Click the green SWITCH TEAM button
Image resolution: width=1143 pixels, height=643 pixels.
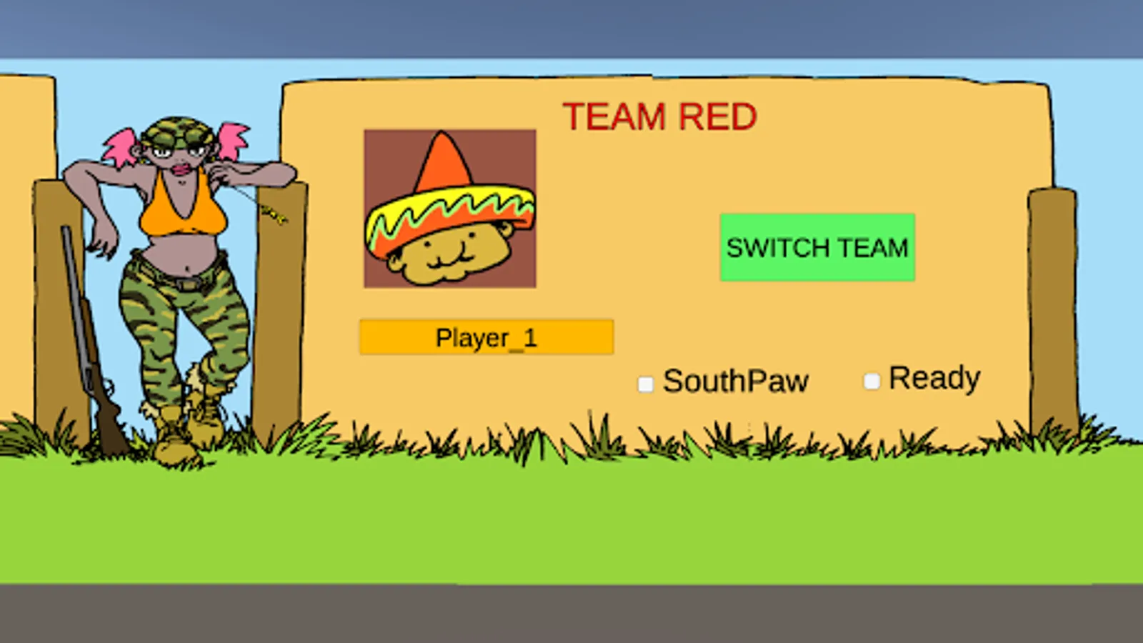(x=817, y=247)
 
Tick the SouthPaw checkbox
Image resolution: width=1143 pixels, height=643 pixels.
(x=646, y=384)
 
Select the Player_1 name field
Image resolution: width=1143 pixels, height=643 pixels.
(x=486, y=337)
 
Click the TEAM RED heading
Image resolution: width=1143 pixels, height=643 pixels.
(x=659, y=116)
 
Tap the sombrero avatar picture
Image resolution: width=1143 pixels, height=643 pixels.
(x=450, y=209)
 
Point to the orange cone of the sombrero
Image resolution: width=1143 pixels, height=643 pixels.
(x=443, y=164)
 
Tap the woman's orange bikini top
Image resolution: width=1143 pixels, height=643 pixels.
(x=182, y=211)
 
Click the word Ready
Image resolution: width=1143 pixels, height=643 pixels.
(x=934, y=379)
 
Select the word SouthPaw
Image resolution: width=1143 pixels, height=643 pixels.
(x=736, y=382)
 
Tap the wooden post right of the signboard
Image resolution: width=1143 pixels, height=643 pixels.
(x=1052, y=307)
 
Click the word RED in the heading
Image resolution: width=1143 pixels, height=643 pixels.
(x=717, y=116)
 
